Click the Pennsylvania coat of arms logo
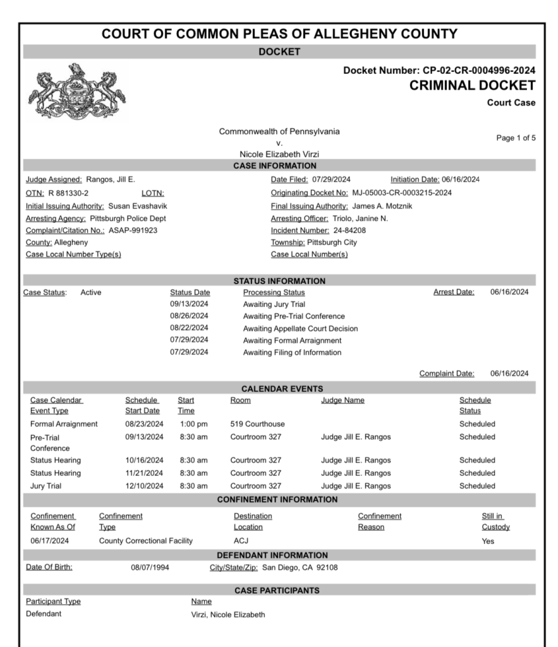click(76, 92)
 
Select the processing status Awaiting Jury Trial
click(274, 305)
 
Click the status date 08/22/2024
click(189, 329)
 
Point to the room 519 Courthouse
click(257, 424)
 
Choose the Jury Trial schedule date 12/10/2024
click(144, 486)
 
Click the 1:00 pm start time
click(193, 424)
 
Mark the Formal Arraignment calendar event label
click(64, 424)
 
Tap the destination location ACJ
click(241, 541)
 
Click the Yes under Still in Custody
click(488, 541)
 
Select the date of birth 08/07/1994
click(150, 567)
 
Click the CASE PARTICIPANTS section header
click(279, 590)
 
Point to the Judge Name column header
click(343, 400)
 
